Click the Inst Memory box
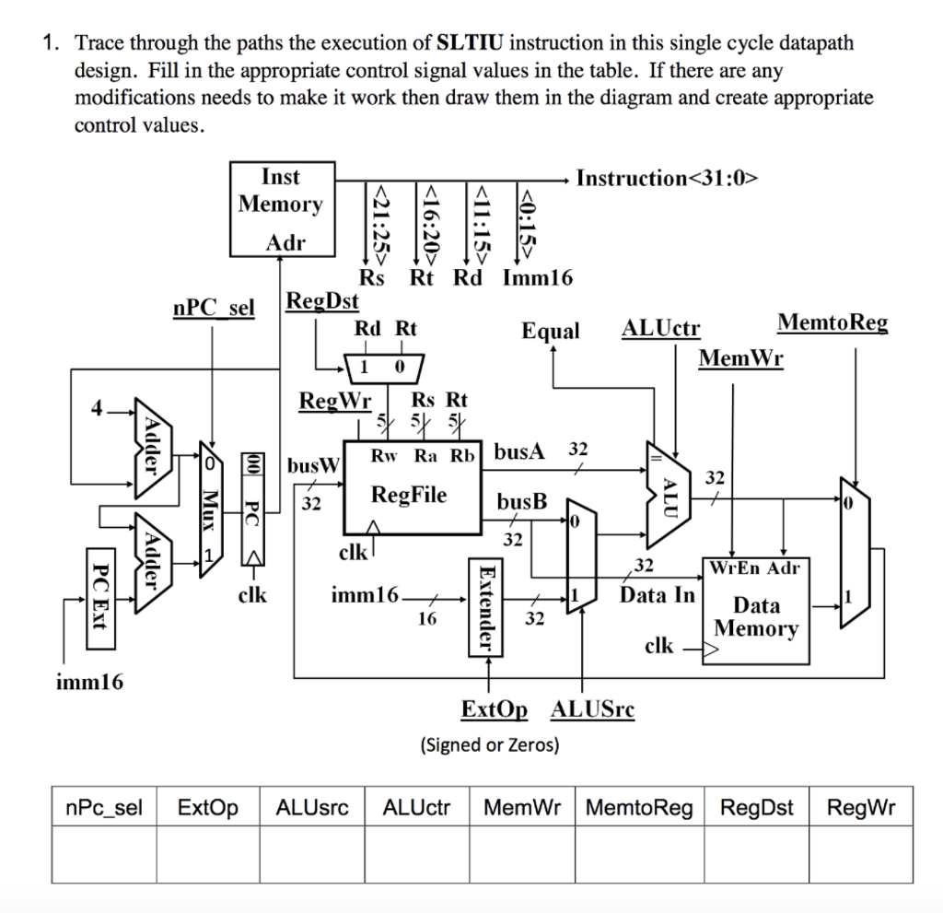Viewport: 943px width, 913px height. click(x=281, y=208)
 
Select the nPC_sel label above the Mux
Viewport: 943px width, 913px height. click(x=213, y=307)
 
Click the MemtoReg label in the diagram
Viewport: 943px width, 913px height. click(x=832, y=322)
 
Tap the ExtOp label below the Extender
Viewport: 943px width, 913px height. click(x=495, y=709)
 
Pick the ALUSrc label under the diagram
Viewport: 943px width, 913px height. click(x=591, y=709)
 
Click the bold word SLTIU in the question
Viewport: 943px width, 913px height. click(x=470, y=43)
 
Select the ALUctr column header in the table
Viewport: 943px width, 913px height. click(x=416, y=808)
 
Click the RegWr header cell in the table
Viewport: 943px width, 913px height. click(x=860, y=808)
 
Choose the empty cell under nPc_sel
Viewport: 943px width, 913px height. click(x=104, y=855)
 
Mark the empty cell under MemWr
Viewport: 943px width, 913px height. click(x=522, y=855)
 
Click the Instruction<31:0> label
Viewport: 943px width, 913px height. click(x=667, y=178)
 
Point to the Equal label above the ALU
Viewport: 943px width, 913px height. click(x=551, y=331)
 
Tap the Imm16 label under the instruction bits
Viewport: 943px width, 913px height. click(x=537, y=277)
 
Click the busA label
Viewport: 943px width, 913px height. click(x=519, y=451)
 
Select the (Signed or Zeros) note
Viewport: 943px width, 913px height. click(x=489, y=744)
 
